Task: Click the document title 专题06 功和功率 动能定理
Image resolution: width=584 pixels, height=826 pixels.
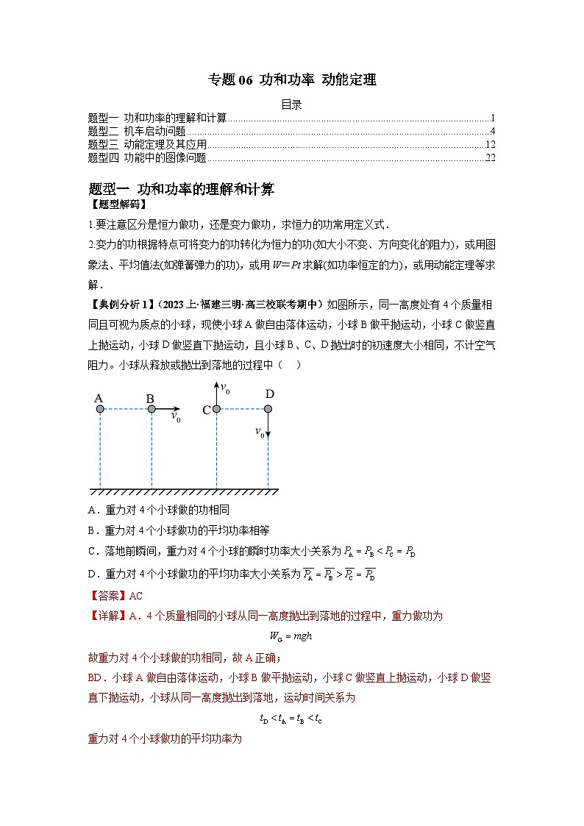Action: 292,80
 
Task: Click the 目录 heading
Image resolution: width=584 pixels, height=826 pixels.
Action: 292,104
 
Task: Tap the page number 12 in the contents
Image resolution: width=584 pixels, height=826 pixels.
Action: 491,144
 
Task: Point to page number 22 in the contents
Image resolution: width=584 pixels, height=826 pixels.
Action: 491,157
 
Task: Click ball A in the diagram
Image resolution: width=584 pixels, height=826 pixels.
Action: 99,409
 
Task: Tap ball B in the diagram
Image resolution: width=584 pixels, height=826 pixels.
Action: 151,409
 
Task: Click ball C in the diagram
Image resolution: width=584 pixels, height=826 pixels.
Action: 216,409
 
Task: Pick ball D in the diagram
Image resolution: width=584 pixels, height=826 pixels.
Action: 268,409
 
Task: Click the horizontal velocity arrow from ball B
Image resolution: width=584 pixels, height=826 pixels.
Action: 167,409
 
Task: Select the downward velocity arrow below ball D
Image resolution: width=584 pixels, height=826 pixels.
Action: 268,427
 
